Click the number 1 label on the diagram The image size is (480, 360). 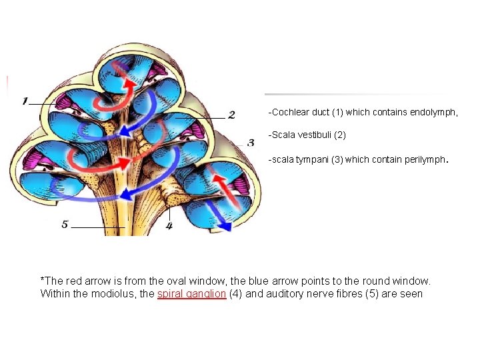tap(25, 101)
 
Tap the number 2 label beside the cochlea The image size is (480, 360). tap(231, 115)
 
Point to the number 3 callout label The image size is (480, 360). tap(251, 143)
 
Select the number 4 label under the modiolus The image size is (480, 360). tap(169, 226)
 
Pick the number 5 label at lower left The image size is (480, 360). tap(65, 225)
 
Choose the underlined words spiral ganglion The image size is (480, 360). tap(191, 293)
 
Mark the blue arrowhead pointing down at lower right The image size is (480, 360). tap(225, 225)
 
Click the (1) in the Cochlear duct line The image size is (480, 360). tap(347, 113)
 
